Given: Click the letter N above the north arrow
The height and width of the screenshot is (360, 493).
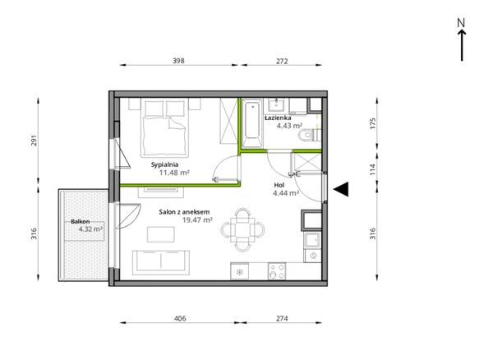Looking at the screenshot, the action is coord(461,23).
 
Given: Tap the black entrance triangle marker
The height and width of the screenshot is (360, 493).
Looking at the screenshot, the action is coord(341,189).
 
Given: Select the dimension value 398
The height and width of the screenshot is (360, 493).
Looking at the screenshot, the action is coord(178,61).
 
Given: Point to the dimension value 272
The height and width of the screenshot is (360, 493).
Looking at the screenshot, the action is coord(282,61).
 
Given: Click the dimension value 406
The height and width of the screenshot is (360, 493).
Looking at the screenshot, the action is coord(180,319).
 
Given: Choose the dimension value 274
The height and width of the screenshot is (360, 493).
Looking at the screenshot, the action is coord(282,319).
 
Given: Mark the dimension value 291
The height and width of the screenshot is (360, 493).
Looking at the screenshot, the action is coord(34,141).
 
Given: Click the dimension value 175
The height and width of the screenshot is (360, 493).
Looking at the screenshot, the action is coord(373,123).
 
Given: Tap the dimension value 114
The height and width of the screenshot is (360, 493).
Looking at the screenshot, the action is coord(373,170).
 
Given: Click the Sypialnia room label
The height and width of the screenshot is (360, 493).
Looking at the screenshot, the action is coord(165,164).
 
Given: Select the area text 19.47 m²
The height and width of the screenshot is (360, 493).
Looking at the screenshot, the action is coord(197,219).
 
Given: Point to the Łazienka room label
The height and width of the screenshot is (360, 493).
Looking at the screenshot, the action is coord(278,118).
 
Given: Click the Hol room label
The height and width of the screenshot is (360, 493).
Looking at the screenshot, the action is coord(279,185).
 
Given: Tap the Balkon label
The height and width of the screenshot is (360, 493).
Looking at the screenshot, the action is coord(81,222).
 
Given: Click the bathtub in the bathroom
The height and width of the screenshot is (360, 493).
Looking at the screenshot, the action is coord(252,122).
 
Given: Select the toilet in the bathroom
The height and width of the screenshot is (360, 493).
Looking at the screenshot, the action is coord(309,135).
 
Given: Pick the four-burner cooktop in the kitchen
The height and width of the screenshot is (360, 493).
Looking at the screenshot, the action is coord(277,271).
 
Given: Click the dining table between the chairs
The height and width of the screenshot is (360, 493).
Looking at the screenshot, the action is coord(242,229).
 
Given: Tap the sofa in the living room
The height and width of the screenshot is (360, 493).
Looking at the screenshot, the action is coord(161,262).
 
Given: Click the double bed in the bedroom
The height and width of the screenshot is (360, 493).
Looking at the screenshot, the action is coord(164,127).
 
